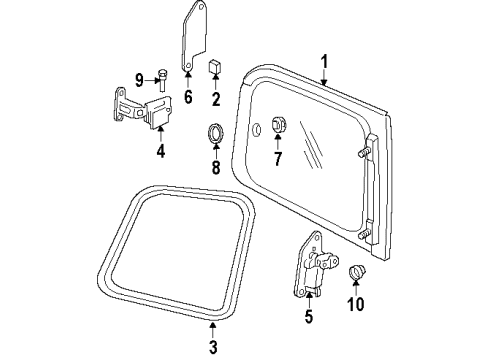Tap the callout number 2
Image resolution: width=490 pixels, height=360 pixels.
[215, 99]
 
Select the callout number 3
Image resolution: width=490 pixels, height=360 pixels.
[213, 347]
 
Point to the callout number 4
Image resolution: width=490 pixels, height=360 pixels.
[161, 152]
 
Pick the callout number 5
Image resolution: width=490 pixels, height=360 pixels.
[308, 318]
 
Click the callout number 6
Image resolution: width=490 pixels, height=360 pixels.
[186, 97]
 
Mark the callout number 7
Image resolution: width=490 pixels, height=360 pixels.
[278, 157]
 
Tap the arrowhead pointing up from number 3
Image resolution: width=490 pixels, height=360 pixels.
[213, 325]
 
